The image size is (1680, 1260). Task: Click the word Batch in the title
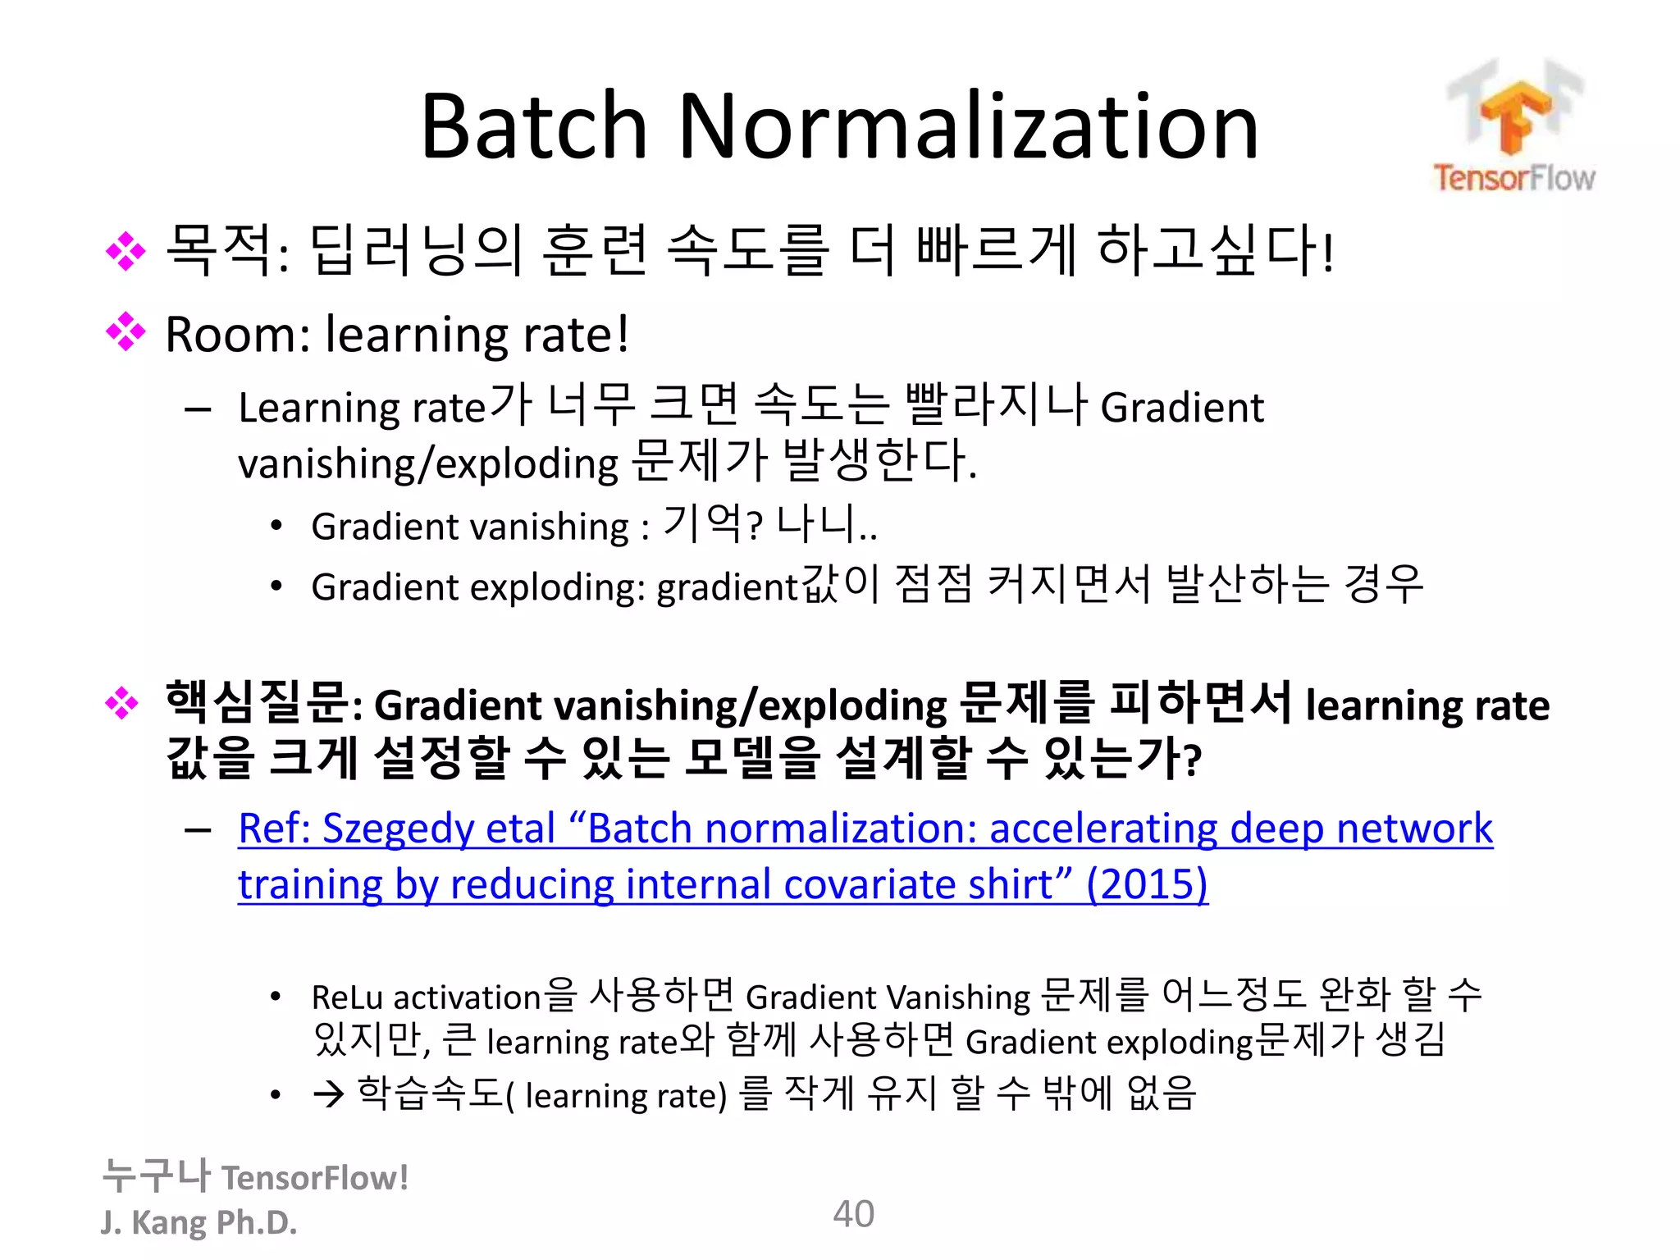(533, 127)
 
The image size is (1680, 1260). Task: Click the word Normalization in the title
(968, 127)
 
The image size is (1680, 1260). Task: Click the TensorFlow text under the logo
(1514, 178)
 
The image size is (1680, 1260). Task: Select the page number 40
(853, 1214)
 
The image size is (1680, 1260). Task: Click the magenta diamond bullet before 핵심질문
(123, 703)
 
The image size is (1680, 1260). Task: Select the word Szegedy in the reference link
(397, 829)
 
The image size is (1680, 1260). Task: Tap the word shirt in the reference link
(1014, 885)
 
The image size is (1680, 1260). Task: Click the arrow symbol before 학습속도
(328, 1095)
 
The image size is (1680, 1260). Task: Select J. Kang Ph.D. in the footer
(199, 1222)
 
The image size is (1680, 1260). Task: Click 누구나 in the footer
(156, 1176)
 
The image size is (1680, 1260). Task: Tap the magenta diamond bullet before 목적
(126, 251)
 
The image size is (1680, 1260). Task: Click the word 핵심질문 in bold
(258, 703)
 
